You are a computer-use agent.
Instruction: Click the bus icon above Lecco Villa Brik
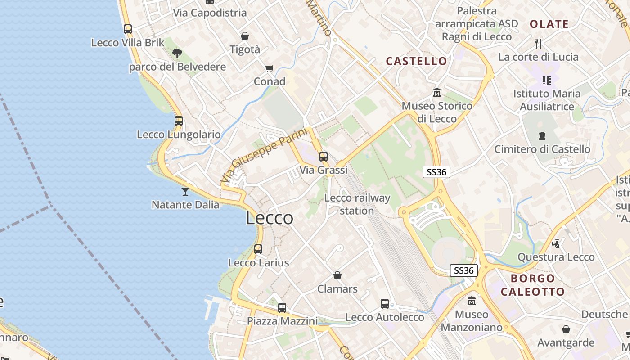(x=128, y=29)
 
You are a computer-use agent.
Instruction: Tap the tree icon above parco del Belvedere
(x=177, y=54)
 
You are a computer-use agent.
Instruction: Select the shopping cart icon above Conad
(x=269, y=68)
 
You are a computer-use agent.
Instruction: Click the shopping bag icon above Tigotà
(x=245, y=36)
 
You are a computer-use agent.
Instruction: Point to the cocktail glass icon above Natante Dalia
(x=185, y=192)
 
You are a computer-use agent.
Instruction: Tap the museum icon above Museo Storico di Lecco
(x=436, y=93)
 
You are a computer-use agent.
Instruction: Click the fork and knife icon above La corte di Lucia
(x=538, y=44)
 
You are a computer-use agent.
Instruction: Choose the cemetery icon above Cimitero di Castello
(x=542, y=135)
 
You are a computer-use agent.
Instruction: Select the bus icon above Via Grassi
(x=324, y=157)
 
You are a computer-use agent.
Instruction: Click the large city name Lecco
(x=270, y=218)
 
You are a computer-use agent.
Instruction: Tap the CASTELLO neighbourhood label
(x=417, y=61)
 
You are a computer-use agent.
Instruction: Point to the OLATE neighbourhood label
(x=549, y=24)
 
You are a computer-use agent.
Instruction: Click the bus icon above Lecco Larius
(x=258, y=249)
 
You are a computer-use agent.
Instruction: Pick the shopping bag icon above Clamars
(x=337, y=275)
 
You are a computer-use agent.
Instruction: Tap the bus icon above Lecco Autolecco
(x=385, y=304)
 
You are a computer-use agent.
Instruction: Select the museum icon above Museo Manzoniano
(x=472, y=301)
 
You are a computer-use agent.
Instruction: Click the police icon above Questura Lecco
(x=556, y=243)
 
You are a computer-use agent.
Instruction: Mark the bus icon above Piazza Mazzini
(x=282, y=308)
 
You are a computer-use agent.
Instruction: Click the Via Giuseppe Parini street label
(x=264, y=155)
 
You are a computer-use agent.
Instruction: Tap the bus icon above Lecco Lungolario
(x=179, y=121)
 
